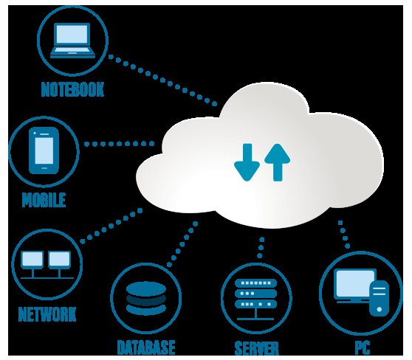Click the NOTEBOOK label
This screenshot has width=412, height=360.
pos(72,89)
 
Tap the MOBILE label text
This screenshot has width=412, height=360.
pos(44,200)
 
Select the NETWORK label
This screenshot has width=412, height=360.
pos(47,314)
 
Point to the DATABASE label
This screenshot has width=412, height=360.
pos(146,347)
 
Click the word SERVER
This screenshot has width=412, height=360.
pos(256,348)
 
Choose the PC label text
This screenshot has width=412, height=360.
pos(363,347)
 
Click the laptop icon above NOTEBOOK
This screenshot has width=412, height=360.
pos(72,41)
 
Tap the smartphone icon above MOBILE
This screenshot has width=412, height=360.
pos(44,150)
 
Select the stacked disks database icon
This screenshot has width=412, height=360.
pos(146,298)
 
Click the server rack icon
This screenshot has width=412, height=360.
pos(255,300)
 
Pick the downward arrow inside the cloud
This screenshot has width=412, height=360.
pos(247,162)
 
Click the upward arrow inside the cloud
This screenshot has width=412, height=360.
pos(277,162)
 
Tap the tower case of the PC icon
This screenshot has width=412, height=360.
pos(379,298)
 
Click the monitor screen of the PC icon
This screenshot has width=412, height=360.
pos(354,283)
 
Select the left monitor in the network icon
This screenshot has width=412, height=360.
pos(32,260)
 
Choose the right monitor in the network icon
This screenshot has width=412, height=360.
pos(59,260)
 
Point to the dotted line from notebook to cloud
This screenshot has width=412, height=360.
pos(162,80)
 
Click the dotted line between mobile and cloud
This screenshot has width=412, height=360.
pos(119,144)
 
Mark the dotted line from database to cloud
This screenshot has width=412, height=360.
pos(182,244)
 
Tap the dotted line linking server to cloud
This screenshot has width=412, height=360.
pos(261,247)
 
